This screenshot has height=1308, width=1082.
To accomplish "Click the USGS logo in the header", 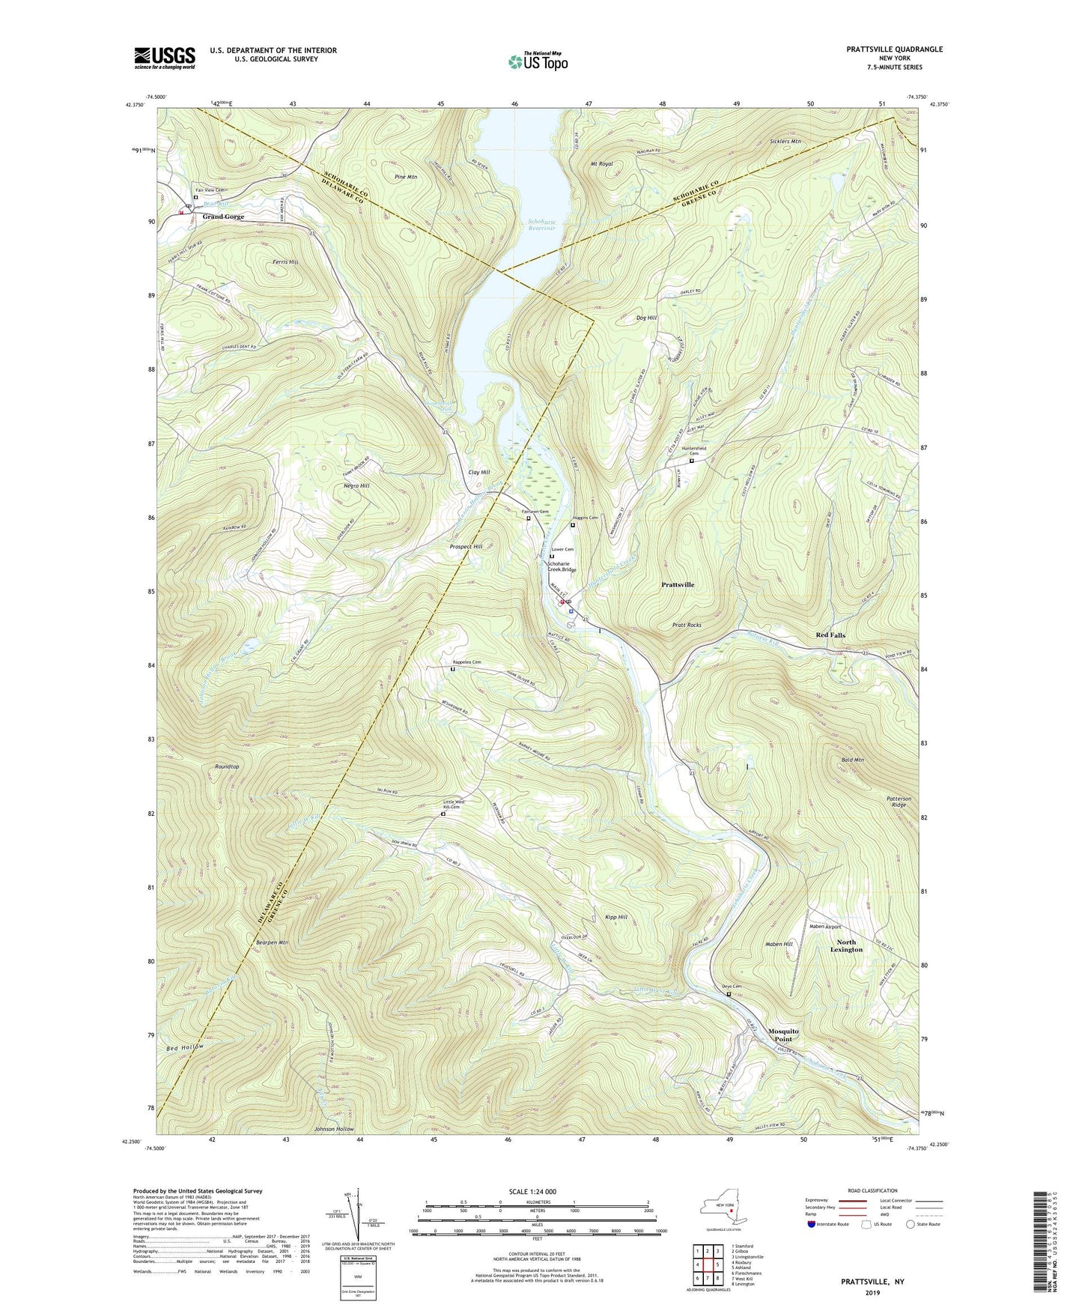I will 165,57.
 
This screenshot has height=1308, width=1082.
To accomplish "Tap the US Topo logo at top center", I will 537,61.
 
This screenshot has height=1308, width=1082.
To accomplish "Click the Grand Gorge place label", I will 223,217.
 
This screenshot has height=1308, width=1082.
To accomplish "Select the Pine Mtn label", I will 405,177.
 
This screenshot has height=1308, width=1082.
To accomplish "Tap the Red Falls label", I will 830,635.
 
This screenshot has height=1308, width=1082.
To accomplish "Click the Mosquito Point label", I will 783,1035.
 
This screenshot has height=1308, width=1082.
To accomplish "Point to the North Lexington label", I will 846,945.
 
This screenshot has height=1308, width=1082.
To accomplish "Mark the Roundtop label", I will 227,766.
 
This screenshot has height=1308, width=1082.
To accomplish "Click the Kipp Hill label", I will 616,916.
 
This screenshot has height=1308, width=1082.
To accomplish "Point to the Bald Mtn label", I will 852,760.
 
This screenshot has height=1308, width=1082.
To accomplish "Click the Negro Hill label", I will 355,485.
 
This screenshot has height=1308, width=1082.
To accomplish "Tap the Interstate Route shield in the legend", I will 812,1223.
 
